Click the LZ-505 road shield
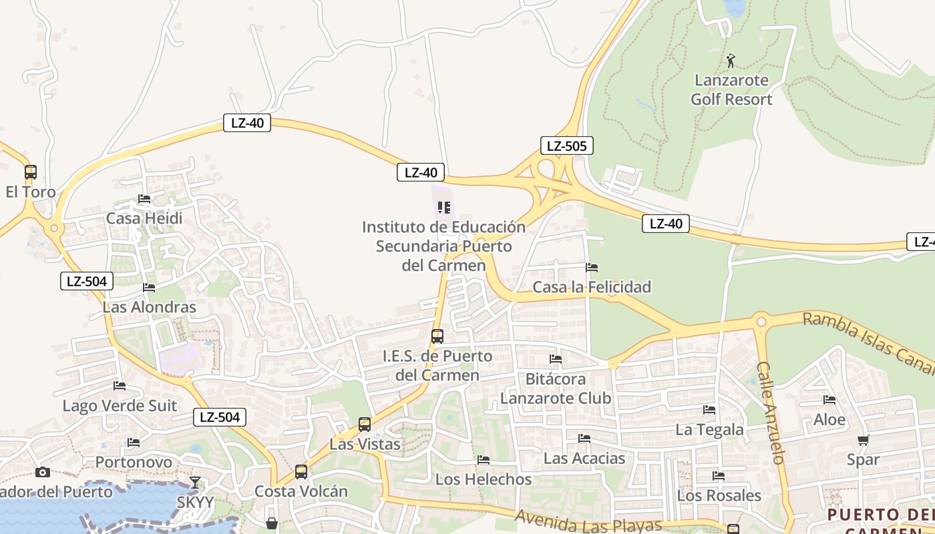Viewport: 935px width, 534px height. coord(566,146)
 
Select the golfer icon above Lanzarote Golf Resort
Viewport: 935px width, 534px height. coord(731,61)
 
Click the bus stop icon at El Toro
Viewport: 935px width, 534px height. coord(31,172)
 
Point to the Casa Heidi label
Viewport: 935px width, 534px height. coord(144,218)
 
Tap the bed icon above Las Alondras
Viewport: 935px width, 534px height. coord(149,288)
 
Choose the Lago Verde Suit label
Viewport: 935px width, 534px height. coord(120,406)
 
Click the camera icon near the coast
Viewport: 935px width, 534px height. coord(43,473)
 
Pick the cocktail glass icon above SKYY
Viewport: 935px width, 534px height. coord(195,482)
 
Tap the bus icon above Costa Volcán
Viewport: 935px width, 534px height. coord(301,472)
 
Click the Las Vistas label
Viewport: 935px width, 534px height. coord(365,444)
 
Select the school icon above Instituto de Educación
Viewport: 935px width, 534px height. coord(444,208)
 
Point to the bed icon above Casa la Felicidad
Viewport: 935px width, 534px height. coord(592,268)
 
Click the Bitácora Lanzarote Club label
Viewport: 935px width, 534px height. coord(556,388)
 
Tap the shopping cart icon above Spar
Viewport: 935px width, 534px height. coord(863,440)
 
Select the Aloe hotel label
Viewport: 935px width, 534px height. coord(829,420)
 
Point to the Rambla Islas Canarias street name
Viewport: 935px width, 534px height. coord(868,340)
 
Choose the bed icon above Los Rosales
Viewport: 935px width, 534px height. coord(719,476)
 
